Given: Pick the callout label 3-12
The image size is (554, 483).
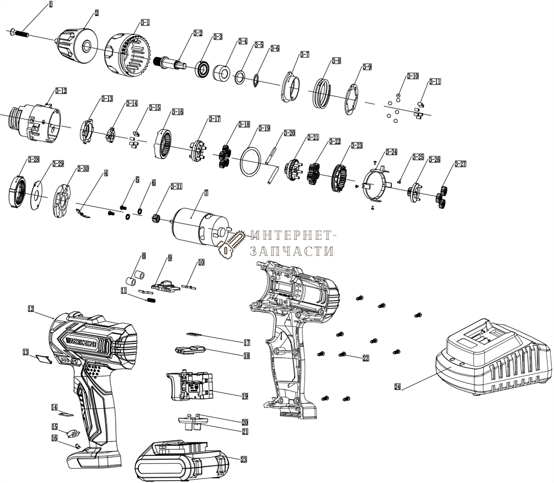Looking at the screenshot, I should [x=61, y=90].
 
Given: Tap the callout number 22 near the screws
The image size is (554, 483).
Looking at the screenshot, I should [x=366, y=358].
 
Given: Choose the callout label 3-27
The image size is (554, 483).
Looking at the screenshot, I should [x=460, y=164].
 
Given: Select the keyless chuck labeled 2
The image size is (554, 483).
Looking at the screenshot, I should [x=78, y=45].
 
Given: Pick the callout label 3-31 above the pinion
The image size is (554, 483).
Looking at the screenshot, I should [x=176, y=186].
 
